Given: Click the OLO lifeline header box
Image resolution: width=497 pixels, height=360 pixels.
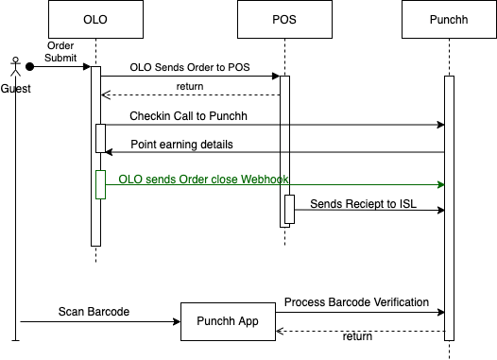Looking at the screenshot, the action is pyautogui.click(x=95, y=19).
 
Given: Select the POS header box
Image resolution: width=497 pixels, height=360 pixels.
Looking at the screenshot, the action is pyautogui.click(x=284, y=19).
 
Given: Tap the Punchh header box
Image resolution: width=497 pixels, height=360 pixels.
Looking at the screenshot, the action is pyautogui.click(x=449, y=19).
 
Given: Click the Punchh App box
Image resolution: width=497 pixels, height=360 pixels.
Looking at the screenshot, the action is pyautogui.click(x=228, y=321).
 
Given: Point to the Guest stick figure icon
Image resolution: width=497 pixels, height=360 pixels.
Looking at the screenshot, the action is pyautogui.click(x=15, y=66).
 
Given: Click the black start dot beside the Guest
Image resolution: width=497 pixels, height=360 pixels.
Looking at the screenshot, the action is pyautogui.click(x=30, y=66).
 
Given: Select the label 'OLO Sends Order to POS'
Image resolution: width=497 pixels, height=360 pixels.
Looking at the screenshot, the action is pyautogui.click(x=190, y=67).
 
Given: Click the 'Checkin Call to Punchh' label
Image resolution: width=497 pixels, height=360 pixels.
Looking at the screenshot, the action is pyautogui.click(x=188, y=116).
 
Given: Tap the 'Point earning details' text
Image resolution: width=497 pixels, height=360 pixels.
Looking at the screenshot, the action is pyautogui.click(x=181, y=145).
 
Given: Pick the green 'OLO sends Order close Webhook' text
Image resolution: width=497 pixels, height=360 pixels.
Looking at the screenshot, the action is pyautogui.click(x=203, y=179).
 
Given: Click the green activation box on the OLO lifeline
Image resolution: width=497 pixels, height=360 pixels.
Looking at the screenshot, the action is pyautogui.click(x=100, y=185).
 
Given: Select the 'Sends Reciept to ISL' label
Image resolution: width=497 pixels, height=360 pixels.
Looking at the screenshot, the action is pyautogui.click(x=363, y=204).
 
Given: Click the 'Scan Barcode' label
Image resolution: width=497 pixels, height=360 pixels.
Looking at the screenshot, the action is pyautogui.click(x=94, y=312).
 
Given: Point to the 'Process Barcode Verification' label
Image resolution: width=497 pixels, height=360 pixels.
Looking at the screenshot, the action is pyautogui.click(x=356, y=302).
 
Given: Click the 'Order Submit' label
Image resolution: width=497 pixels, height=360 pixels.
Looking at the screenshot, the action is pyautogui.click(x=60, y=52).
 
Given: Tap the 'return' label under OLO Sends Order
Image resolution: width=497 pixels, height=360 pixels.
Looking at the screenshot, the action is pyautogui.click(x=190, y=86).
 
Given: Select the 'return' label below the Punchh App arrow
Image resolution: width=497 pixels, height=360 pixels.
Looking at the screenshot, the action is pyautogui.click(x=357, y=336).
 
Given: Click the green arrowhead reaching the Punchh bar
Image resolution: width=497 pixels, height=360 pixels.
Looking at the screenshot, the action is pyautogui.click(x=441, y=185).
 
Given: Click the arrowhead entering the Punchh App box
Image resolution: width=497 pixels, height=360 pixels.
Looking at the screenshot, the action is pyautogui.click(x=177, y=321).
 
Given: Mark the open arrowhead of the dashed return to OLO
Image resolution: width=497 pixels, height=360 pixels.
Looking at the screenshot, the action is pyautogui.click(x=106, y=94).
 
